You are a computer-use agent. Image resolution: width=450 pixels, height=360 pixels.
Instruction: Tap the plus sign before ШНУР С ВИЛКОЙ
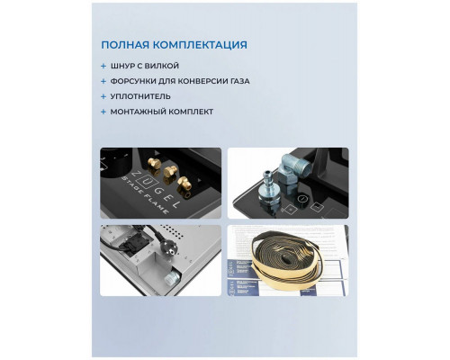click(103, 66)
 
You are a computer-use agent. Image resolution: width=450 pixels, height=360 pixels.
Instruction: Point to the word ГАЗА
click(236, 81)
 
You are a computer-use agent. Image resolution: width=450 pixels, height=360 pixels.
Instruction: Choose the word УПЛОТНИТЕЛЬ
click(142, 95)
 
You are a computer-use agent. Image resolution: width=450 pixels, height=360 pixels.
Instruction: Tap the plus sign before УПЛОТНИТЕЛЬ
click(103, 95)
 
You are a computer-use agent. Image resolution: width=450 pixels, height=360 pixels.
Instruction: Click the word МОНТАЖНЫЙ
click(142, 111)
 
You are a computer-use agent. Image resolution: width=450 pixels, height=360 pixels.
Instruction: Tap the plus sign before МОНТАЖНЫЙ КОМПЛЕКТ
click(103, 111)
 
